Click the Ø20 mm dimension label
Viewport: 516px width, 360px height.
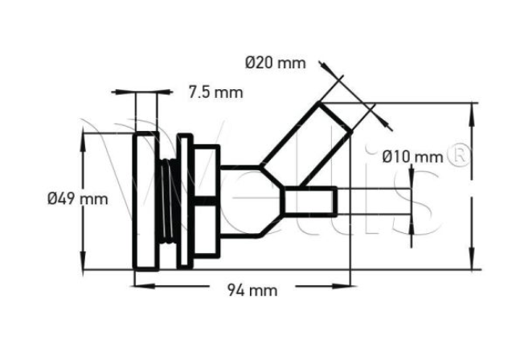pos(276,61)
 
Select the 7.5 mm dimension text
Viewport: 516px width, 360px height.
pos(215,92)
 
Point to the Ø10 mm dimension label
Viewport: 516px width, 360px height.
pos(412,154)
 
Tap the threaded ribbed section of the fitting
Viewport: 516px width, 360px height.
pos(168,201)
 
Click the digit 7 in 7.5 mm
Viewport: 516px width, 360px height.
pos(193,92)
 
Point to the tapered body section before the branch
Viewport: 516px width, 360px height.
pos(245,201)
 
